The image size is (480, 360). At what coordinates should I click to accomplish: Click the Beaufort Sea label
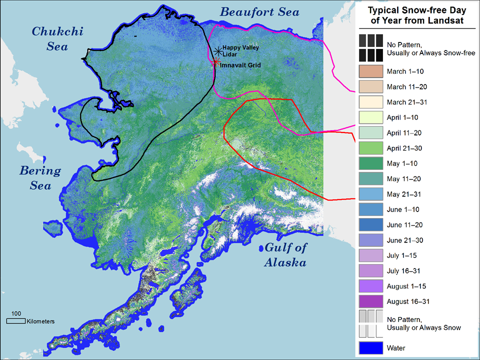coord(260,11)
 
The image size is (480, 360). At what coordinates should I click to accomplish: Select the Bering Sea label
coord(40,178)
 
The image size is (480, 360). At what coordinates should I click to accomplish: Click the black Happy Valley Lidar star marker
coord(217,51)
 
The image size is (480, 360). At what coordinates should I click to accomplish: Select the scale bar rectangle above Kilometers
coord(16,321)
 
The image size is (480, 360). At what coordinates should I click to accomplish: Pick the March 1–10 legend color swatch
coord(370,71)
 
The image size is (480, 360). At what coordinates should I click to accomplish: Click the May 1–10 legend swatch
coord(370,163)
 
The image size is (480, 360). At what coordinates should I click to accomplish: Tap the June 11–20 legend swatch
coord(370,225)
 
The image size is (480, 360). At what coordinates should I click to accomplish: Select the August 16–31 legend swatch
coord(370,301)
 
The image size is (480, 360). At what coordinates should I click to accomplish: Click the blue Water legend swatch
coord(370,347)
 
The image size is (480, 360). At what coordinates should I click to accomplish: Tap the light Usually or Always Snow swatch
coord(370,323)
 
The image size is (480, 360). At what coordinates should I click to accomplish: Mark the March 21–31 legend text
coord(406,102)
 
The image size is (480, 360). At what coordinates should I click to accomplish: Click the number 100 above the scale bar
coord(16,313)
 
